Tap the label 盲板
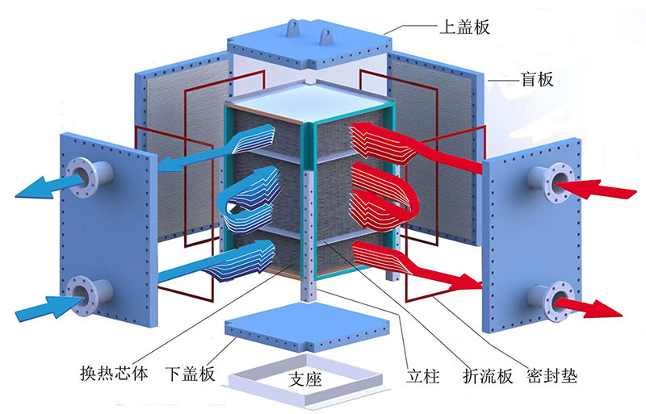535,80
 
